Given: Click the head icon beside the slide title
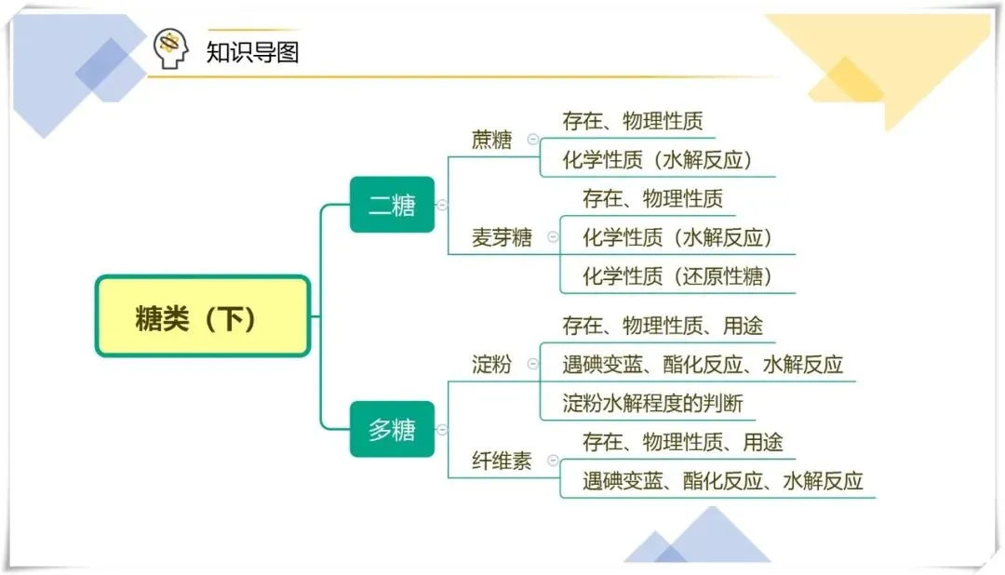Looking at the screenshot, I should point(170,48).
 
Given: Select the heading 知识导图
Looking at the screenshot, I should point(252,51).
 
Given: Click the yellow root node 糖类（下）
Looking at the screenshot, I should point(202,316).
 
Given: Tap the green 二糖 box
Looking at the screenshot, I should point(392,204).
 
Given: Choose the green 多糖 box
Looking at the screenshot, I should point(392,429).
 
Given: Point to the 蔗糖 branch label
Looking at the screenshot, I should point(492,140).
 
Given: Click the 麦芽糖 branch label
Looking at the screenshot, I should point(502,238).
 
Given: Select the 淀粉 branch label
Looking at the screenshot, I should point(492,364).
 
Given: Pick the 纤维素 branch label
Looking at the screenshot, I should point(502,461).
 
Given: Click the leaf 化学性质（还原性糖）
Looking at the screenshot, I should point(677,276).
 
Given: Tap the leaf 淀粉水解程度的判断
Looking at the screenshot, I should point(653,404).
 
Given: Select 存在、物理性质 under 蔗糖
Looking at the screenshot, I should point(633,121).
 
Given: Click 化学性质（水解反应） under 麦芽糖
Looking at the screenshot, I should point(677,237).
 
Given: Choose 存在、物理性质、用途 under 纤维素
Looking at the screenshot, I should point(683,442).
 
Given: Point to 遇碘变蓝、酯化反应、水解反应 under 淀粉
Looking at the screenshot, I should point(703,364).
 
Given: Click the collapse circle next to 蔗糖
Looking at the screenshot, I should point(532,140).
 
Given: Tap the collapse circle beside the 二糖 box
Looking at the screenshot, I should point(442,205).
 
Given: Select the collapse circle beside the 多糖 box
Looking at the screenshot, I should point(442,430).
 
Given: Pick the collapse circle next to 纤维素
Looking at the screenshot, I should point(553,461).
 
